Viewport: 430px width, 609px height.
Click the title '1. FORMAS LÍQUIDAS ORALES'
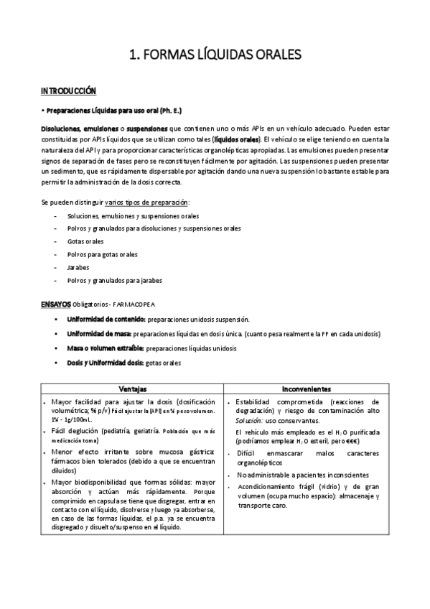tap(215, 54)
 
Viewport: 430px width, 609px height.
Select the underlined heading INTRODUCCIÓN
tap(68, 91)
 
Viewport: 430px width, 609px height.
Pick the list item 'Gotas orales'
tap(85, 241)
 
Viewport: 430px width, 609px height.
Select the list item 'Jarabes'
tap(78, 267)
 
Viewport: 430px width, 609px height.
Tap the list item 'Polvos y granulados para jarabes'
tap(114, 280)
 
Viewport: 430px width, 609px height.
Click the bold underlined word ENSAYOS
tap(55, 304)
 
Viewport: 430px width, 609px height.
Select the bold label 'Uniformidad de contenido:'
tap(106, 318)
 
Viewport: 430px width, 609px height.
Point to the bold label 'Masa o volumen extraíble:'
tap(106, 348)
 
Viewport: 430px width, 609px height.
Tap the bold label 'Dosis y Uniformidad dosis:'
tap(106, 363)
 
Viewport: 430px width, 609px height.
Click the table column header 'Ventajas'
tap(134, 388)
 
